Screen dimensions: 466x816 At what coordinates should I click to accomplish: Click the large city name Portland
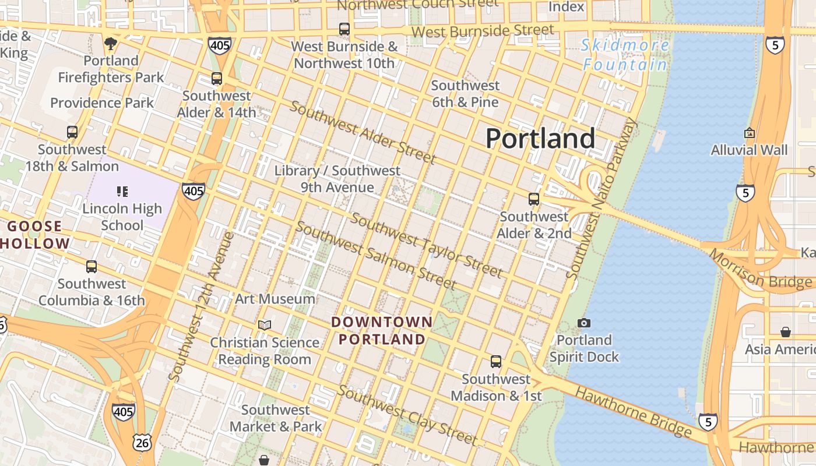[x=540, y=139]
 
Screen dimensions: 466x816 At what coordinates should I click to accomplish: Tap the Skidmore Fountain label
[x=625, y=54]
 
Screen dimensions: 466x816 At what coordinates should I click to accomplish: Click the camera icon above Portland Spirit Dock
[x=583, y=323]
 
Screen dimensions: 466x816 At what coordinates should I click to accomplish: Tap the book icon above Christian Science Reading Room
[x=265, y=325]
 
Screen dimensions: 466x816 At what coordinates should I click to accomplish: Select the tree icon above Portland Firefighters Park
[x=110, y=43]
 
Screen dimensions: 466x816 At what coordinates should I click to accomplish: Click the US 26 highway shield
[x=143, y=443]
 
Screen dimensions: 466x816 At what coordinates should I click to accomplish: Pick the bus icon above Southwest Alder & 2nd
[x=533, y=199]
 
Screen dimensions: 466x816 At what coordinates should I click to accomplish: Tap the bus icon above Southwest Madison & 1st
[x=495, y=362]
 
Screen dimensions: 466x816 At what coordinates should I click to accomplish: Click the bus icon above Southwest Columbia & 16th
[x=92, y=267]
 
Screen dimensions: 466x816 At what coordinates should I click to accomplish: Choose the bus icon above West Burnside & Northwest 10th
[x=344, y=29]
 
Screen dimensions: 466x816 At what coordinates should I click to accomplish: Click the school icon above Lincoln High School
[x=122, y=191]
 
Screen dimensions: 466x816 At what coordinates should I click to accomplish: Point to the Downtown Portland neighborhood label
[x=382, y=330]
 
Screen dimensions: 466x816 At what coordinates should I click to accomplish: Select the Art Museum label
[x=275, y=299]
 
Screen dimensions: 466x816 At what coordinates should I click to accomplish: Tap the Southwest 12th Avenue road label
[x=201, y=306]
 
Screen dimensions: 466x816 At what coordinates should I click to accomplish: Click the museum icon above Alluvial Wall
[x=750, y=133]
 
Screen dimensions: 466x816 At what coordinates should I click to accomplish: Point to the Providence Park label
[x=102, y=103]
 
